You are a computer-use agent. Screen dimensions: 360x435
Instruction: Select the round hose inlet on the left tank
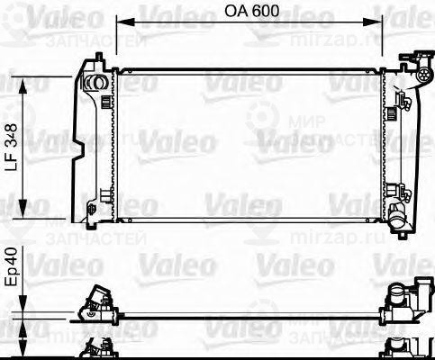[x=91, y=83]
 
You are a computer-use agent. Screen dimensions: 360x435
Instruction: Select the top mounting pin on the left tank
[x=93, y=60]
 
